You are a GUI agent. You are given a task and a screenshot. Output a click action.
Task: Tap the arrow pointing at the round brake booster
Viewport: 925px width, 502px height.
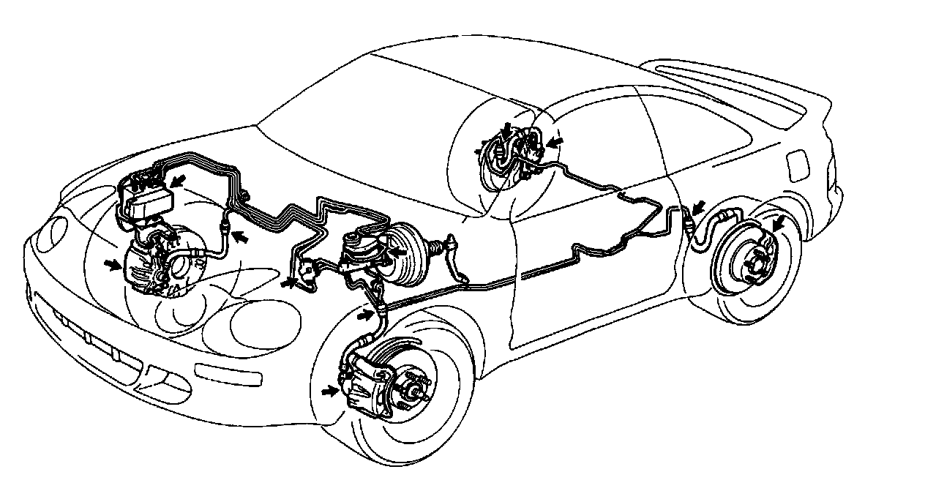(397, 251)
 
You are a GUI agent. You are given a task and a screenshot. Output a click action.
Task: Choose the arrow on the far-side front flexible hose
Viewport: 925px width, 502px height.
(239, 236)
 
